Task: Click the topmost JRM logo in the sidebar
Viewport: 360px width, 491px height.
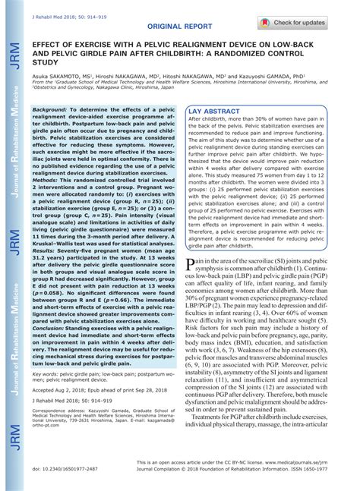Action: click(x=14, y=58)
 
